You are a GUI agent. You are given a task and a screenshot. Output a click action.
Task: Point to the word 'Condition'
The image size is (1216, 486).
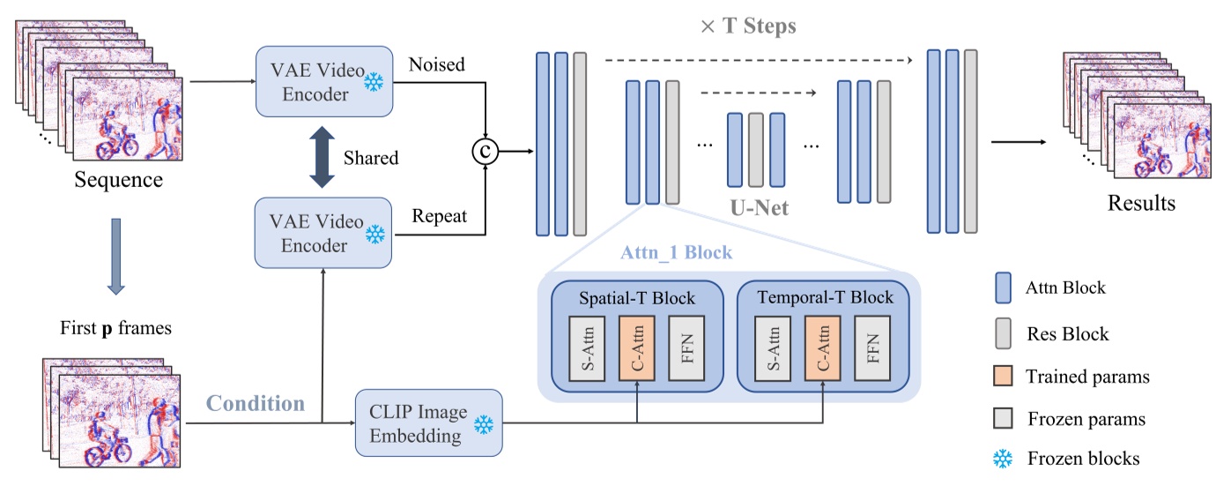point(256,404)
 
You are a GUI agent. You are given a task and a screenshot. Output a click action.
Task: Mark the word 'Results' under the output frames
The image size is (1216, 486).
point(1141,203)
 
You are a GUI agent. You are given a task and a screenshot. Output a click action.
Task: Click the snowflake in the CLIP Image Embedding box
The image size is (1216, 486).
point(483,424)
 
